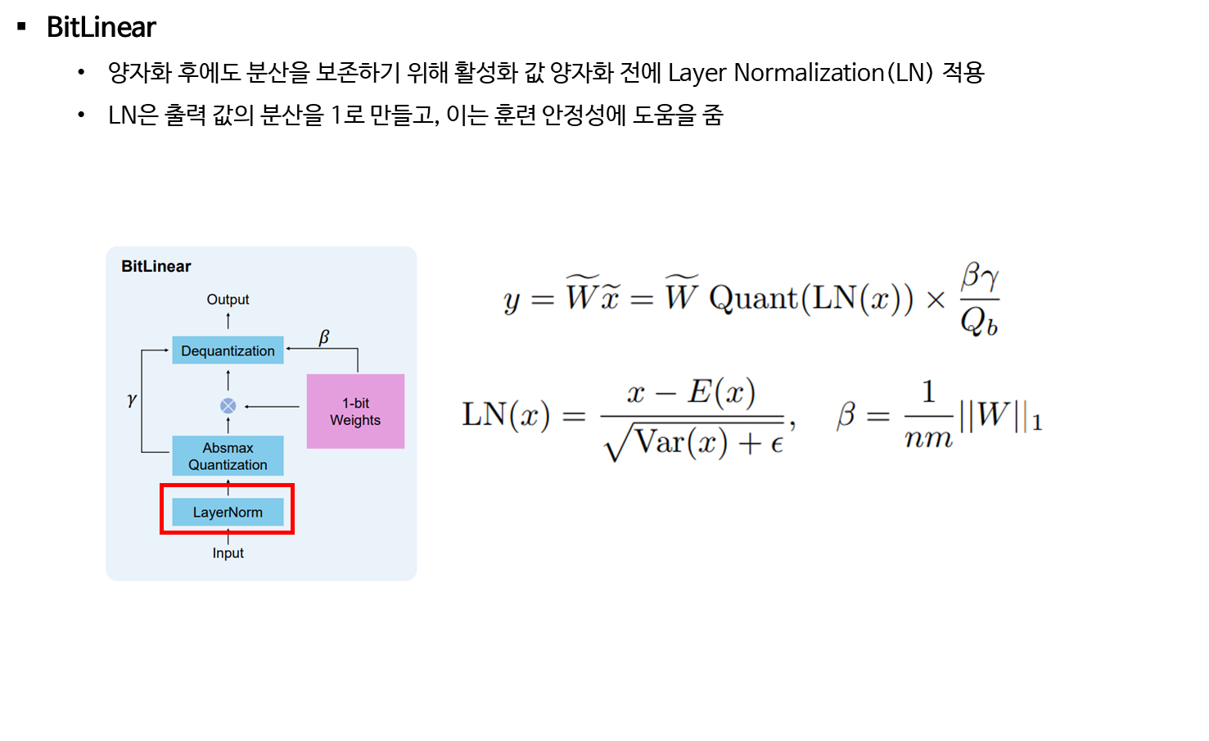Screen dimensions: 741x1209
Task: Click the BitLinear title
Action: click(x=156, y=266)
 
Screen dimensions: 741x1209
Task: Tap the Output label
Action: click(x=228, y=300)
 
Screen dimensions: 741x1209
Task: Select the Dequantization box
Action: click(x=228, y=350)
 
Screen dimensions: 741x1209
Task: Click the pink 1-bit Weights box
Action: click(x=355, y=411)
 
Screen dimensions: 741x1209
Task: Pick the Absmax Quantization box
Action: click(x=228, y=456)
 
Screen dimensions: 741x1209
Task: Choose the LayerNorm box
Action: click(x=228, y=513)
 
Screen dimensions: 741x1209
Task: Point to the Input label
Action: click(x=228, y=553)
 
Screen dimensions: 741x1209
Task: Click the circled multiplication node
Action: click(x=228, y=406)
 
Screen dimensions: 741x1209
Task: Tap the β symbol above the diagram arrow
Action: click(x=324, y=337)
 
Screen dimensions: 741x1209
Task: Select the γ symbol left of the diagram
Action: click(x=132, y=400)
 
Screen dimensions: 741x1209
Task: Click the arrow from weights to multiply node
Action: click(x=273, y=406)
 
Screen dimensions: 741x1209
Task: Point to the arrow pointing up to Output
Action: click(x=228, y=320)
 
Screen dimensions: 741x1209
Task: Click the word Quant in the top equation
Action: click(x=753, y=298)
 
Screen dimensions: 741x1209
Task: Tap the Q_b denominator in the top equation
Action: click(x=979, y=322)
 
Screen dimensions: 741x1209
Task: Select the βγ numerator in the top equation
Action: click(x=980, y=277)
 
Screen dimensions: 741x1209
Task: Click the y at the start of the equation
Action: click(x=512, y=300)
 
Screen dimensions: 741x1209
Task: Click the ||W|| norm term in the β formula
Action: click(x=995, y=415)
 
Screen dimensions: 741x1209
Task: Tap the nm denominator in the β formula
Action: click(x=928, y=440)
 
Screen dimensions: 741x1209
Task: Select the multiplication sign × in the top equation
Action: click(x=936, y=300)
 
